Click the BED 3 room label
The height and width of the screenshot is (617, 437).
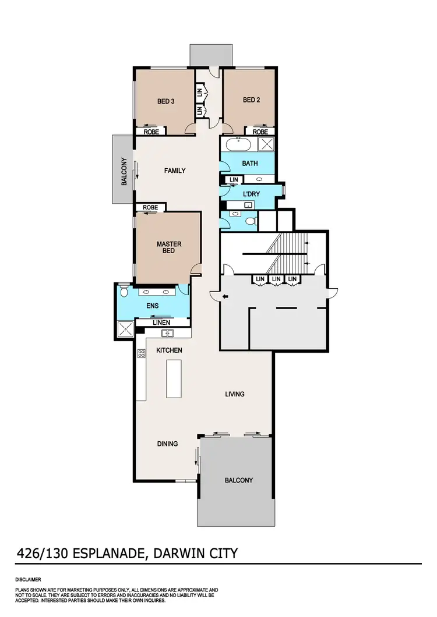[x=166, y=101]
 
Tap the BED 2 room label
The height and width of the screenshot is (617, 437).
[x=251, y=100]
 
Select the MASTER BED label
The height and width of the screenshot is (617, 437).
[x=169, y=248]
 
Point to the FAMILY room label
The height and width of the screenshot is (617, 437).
[x=175, y=171]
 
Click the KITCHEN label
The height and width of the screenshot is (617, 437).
[x=170, y=350]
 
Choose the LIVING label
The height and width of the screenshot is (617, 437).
[x=235, y=394]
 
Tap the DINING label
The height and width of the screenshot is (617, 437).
[x=167, y=444]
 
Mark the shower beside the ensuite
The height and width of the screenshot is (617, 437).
[x=124, y=329]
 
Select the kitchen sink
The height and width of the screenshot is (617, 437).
[x=167, y=333]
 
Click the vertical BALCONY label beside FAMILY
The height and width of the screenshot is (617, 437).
[x=124, y=172]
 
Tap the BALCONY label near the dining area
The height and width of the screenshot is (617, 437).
[x=239, y=480]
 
